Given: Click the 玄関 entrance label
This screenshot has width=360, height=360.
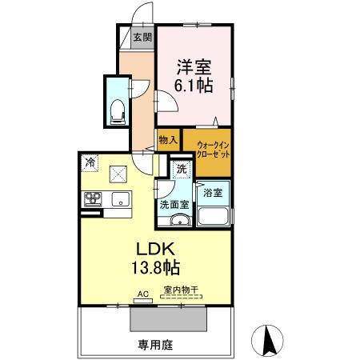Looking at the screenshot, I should coord(142,37).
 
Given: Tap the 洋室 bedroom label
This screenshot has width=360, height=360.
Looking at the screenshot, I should coord(194,66).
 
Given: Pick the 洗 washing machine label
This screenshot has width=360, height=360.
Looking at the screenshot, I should coord(181,169).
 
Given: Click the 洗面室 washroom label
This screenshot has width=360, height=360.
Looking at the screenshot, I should coord(174,205).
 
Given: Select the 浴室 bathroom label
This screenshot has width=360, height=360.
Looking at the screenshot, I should coord(213,193).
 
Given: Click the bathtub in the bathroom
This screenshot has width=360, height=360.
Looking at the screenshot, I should coord(213,217).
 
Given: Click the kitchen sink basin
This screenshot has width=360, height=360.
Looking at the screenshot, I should coord(121,199).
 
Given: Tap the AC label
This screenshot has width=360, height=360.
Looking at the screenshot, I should coord(143,294).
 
